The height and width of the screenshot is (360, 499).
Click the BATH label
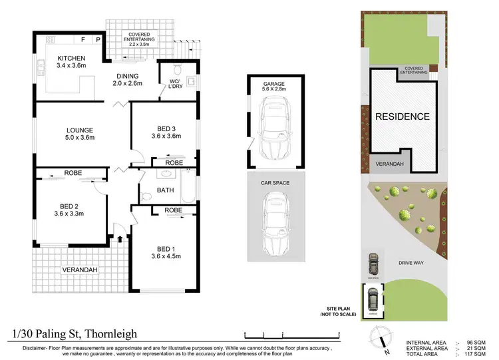[165, 190]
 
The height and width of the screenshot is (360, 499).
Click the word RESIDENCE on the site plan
[403, 116]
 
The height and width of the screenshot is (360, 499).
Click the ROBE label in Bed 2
[73, 172]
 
